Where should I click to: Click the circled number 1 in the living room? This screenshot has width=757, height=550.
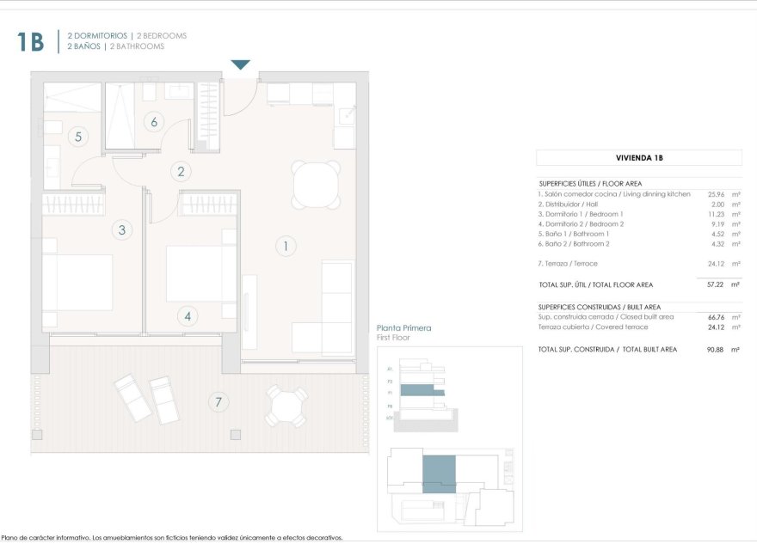pos(285,247)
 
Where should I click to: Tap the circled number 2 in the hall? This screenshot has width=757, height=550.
pos(181,171)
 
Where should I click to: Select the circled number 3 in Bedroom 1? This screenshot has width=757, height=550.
pos(122,229)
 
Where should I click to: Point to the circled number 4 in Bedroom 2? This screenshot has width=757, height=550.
pos(188,316)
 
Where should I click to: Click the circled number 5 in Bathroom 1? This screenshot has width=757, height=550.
pos(78,136)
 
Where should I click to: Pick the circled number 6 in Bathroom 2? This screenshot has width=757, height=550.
pos(154,121)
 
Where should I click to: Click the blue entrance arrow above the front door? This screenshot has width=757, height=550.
pos(241,65)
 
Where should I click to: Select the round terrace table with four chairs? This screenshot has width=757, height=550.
pos(286,406)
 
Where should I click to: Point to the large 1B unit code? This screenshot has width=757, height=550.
pos(31,41)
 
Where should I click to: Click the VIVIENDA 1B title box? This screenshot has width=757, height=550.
pos(638,158)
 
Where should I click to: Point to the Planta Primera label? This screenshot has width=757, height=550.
pos(403,328)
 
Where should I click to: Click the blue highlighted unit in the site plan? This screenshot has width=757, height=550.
pos(439,472)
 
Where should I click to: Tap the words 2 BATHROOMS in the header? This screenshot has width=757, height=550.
pos(137,46)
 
